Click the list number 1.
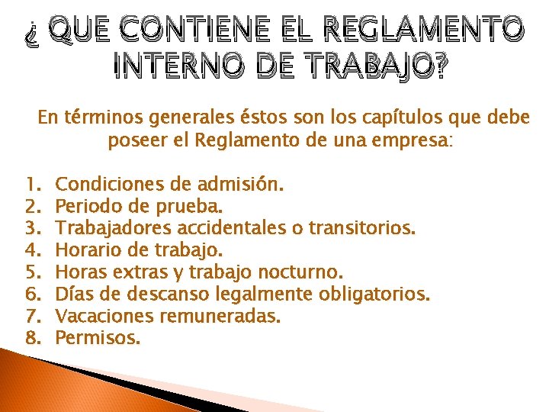30,184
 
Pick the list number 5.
30,272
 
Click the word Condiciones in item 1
106,184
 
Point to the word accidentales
228,228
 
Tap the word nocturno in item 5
307,272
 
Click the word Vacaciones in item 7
101,316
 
